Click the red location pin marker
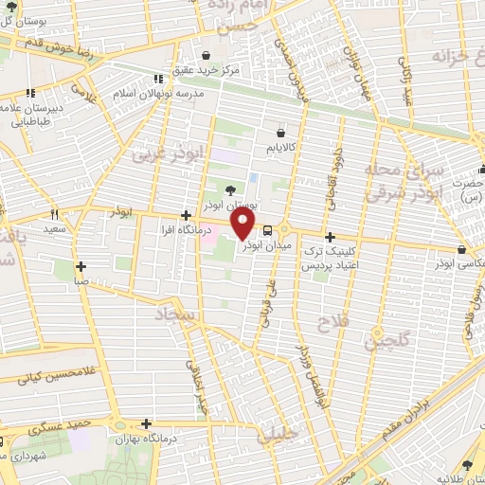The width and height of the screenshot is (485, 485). click(x=243, y=224)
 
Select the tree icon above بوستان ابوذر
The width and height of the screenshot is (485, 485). click(x=231, y=190)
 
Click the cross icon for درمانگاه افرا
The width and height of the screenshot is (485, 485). click(x=186, y=214)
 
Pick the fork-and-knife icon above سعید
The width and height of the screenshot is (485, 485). click(x=54, y=214)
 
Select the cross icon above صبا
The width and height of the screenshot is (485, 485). click(x=81, y=266)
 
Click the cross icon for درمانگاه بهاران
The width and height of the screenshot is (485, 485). click(x=145, y=424)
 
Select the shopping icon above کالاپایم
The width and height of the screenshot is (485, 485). click(x=280, y=135)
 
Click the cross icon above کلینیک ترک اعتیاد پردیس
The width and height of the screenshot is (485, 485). click(x=329, y=237)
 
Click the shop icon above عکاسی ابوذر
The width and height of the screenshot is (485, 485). click(x=459, y=250)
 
